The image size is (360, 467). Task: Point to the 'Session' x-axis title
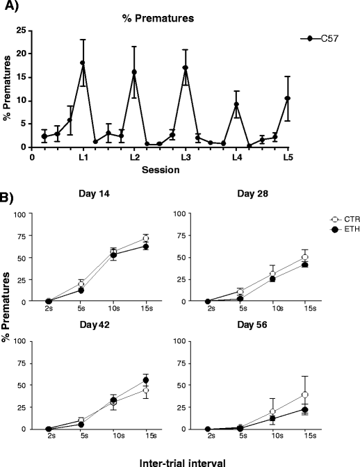point(161,169)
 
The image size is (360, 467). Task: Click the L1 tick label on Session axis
point(83,158)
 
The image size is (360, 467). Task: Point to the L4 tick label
point(236,158)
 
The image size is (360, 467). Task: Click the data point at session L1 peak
point(83,63)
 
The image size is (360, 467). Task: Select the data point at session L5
point(287,98)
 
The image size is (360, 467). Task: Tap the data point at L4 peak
point(236,104)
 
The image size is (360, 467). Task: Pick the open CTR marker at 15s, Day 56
point(305,395)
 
